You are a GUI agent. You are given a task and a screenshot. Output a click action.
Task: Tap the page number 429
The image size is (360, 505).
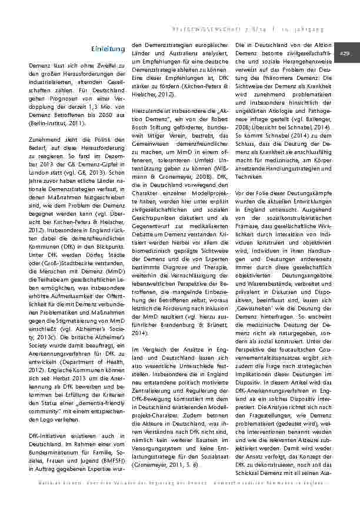point(344,53)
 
